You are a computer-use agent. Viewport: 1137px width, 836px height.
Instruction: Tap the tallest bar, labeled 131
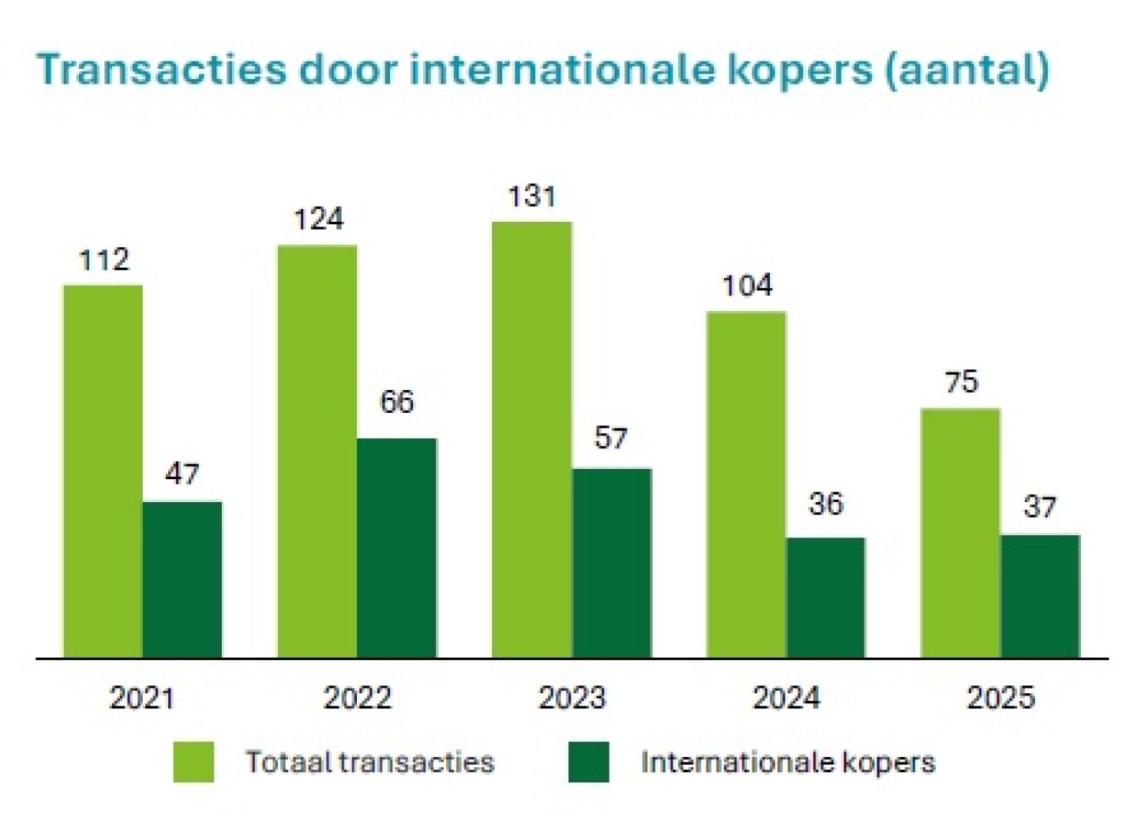531,439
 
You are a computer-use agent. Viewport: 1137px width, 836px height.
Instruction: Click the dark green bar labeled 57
612,562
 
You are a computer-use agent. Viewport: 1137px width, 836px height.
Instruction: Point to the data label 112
104,260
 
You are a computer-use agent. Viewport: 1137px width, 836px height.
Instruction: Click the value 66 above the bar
396,402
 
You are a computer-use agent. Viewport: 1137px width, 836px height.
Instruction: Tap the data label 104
747,285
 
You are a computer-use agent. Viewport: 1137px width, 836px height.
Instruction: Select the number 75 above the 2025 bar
961,382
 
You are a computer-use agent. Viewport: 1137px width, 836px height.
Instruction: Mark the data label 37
1039,507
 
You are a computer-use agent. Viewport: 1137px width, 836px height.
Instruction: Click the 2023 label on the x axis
572,698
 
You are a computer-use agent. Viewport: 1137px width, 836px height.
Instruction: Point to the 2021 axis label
142,698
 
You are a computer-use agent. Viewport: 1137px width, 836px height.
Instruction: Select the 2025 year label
1000,698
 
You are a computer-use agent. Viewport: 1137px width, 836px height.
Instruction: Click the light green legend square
193,762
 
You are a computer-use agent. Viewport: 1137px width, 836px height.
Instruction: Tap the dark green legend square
588,762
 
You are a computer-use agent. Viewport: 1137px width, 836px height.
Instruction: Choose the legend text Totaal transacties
370,762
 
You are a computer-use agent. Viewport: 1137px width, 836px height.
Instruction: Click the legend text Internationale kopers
788,762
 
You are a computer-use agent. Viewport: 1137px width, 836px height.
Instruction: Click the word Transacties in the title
162,69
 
